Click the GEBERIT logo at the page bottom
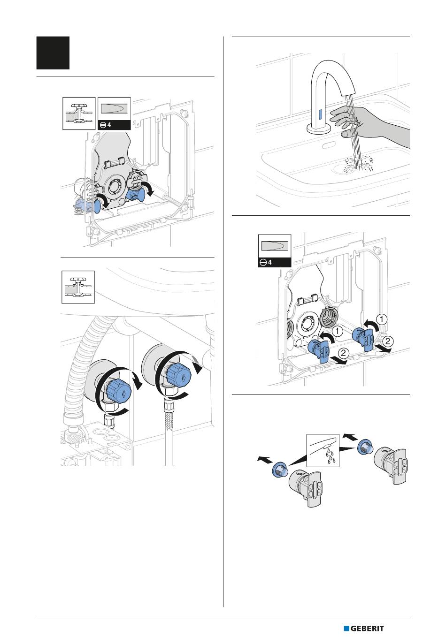tap(364, 629)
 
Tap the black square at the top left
tap(53, 53)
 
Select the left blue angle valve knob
tap(117, 389)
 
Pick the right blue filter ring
tap(365, 446)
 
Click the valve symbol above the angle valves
tap(78, 287)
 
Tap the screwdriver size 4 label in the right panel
tap(275, 262)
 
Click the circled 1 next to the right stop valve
tap(383, 319)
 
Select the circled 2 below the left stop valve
tap(344, 352)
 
